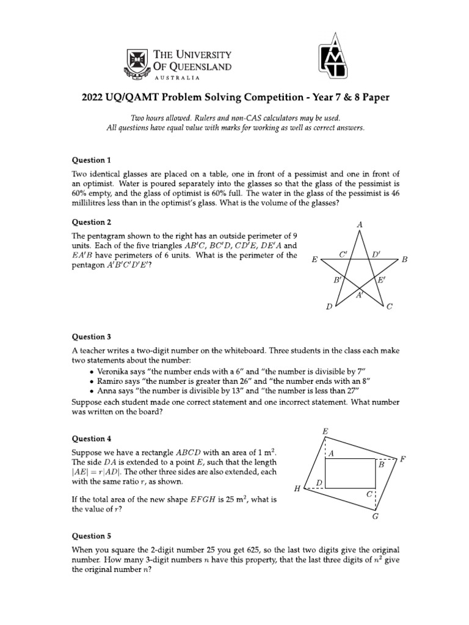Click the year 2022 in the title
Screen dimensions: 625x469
click(x=92, y=98)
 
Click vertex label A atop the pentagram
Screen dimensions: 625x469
click(x=360, y=225)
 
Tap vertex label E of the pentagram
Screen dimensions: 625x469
click(x=314, y=260)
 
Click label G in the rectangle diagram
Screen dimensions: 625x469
click(x=376, y=516)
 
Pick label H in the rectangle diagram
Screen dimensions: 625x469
click(x=297, y=489)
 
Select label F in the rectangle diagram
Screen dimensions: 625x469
click(x=403, y=458)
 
